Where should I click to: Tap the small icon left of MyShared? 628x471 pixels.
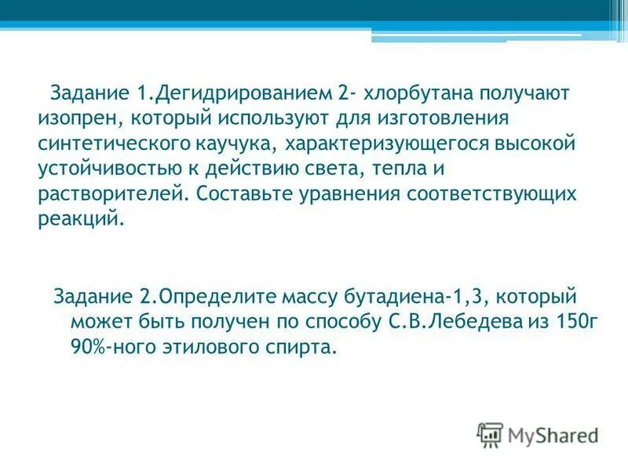(x=490, y=433)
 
